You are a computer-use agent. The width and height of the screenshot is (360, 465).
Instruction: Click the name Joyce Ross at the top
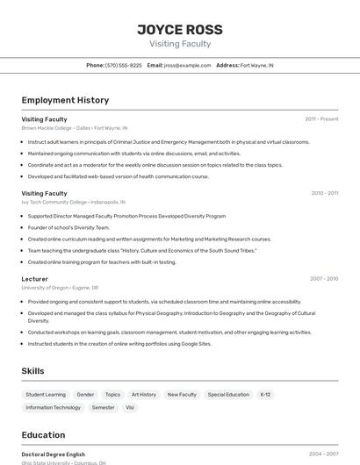tap(180, 29)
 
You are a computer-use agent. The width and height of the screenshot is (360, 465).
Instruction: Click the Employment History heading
tap(65, 100)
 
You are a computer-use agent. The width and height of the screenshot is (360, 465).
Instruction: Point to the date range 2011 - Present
tap(321, 118)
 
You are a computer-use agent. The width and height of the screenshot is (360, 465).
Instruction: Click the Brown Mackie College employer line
tap(74, 127)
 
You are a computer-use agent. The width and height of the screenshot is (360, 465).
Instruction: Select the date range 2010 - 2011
tap(324, 193)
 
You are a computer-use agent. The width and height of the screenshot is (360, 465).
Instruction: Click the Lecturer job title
tap(35, 278)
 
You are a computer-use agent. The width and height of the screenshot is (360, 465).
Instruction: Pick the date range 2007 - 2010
tap(324, 278)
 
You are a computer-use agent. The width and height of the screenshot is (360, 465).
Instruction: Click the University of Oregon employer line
tap(60, 287)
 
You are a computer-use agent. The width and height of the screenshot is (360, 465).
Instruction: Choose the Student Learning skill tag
tap(46, 395)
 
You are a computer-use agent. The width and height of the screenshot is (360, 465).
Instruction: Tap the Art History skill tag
tap(143, 395)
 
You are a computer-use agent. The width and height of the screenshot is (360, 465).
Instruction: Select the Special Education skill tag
tap(228, 395)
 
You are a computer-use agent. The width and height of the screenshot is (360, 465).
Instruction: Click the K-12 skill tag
tap(265, 395)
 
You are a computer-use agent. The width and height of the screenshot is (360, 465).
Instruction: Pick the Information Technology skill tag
tap(53, 407)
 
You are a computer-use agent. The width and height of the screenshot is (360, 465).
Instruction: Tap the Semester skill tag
tap(103, 407)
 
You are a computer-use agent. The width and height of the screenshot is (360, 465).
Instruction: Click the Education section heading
tap(43, 435)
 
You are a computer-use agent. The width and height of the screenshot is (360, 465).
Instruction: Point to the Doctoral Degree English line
tap(54, 454)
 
